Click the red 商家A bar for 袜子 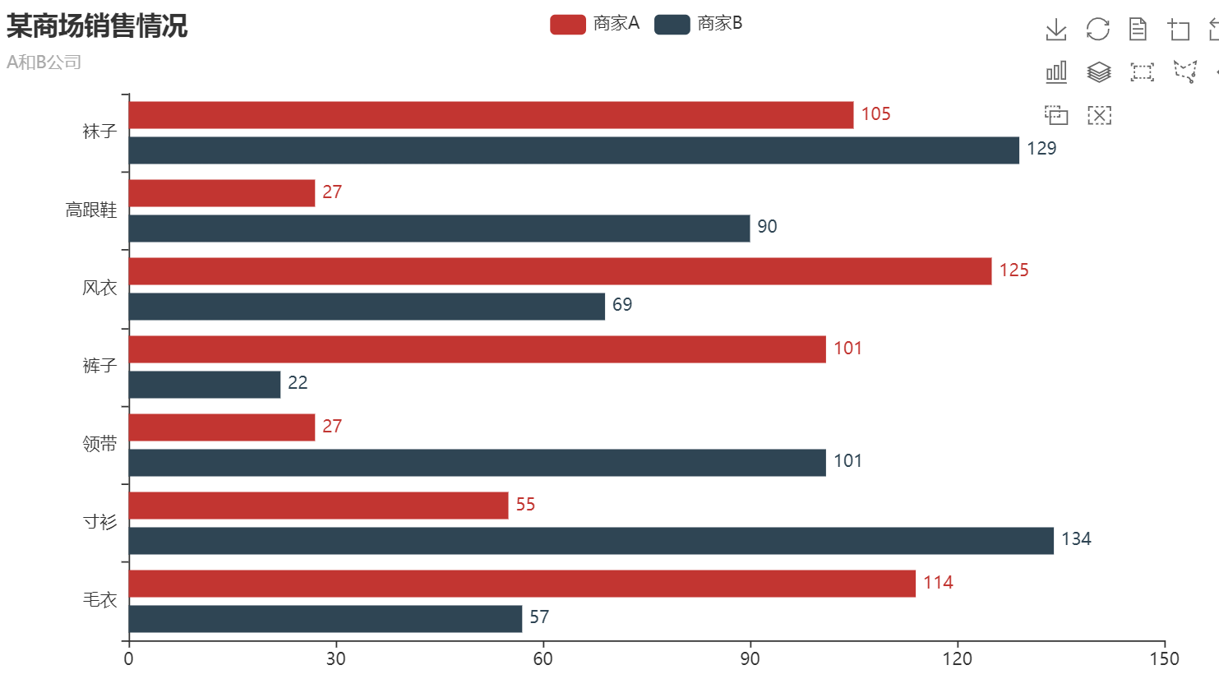coord(491,115)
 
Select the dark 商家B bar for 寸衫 coord(591,541)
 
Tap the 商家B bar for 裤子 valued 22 coord(205,385)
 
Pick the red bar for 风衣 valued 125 coord(560,271)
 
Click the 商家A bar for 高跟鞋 coord(222,193)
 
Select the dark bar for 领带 coord(477,463)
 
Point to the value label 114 coord(938,583)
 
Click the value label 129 coord(1041,149)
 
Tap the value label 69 coord(622,305)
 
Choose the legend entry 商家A coord(595,24)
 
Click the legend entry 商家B coord(699,24)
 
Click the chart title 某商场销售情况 coord(97,26)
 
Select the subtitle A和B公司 coord(44,62)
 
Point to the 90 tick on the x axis coord(750,658)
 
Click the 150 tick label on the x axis coord(1164,658)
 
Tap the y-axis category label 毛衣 coord(99,600)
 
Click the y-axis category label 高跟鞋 coord(91,210)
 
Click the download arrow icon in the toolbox coord(1056,30)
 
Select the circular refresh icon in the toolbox coord(1098,30)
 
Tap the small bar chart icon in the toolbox coord(1056,72)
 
